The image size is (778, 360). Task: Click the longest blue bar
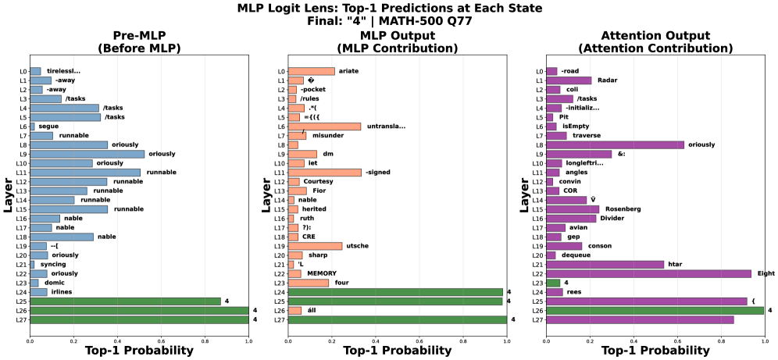click(87, 155)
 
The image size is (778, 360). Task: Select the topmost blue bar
click(35, 71)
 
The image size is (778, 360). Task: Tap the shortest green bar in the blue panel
click(125, 301)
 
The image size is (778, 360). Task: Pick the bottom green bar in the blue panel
click(139, 319)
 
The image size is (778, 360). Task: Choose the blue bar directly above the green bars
click(38, 292)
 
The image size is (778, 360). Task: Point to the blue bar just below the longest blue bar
click(61, 163)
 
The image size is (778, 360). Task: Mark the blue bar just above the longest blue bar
click(69, 145)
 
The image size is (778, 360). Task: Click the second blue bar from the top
click(41, 80)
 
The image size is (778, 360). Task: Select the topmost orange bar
click(311, 71)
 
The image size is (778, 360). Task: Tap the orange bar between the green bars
click(294, 311)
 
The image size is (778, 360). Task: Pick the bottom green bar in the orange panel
click(397, 319)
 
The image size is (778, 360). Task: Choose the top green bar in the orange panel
click(395, 292)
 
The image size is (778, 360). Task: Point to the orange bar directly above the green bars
click(309, 283)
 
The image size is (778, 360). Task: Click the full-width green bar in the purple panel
click(655, 311)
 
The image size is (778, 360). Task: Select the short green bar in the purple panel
click(553, 283)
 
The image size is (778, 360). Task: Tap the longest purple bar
click(648, 274)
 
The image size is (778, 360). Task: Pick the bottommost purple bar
click(640, 319)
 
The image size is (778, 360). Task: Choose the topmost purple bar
click(551, 71)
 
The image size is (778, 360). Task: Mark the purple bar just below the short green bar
click(554, 292)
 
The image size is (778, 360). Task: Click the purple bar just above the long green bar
click(646, 301)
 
